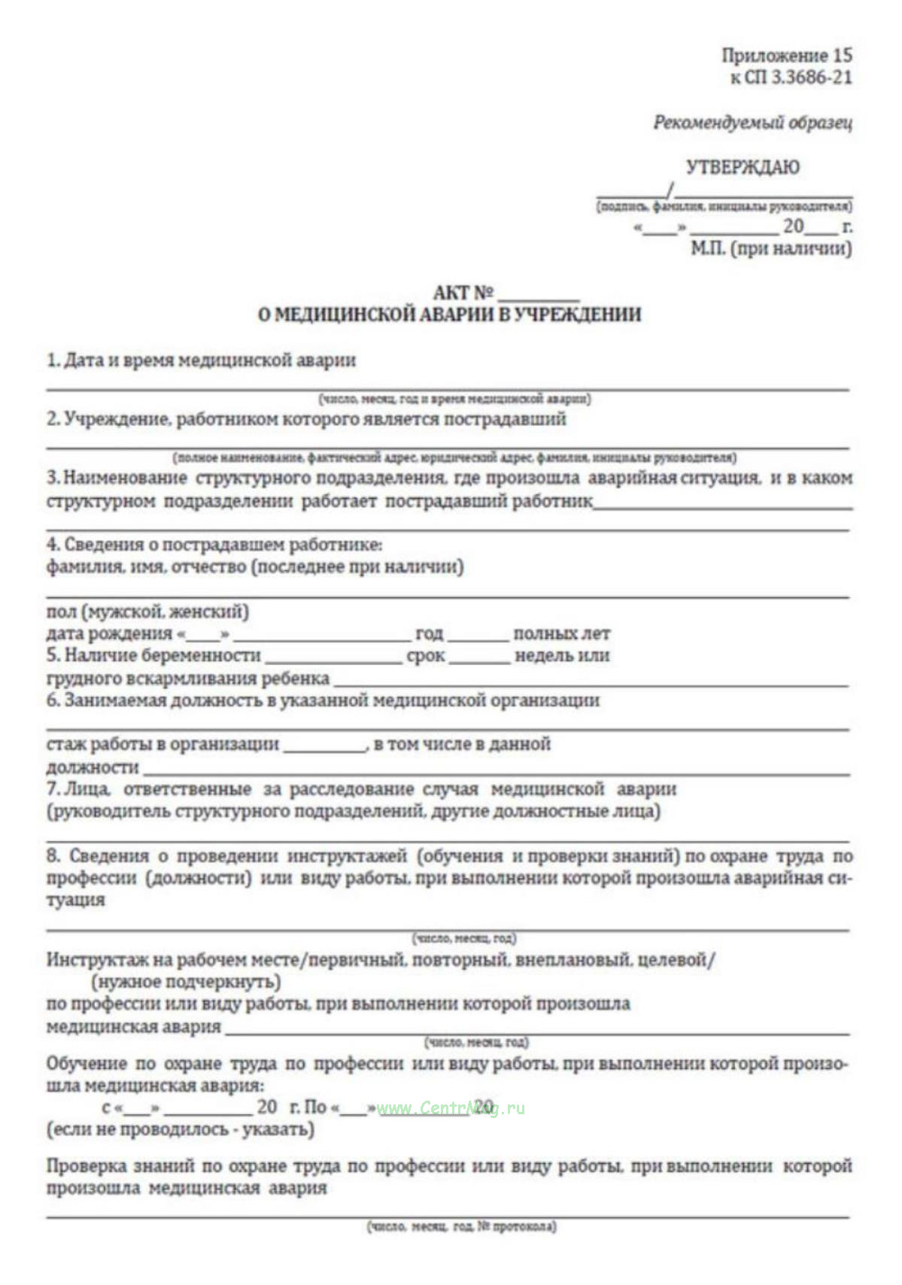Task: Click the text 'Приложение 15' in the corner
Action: click(x=787, y=55)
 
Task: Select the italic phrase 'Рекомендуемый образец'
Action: click(x=752, y=122)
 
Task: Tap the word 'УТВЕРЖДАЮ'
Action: click(x=742, y=166)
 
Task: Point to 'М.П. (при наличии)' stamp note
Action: click(x=771, y=248)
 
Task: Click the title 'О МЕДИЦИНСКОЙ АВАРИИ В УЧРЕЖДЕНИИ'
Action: click(x=449, y=314)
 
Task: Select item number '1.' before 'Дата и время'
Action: click(x=53, y=360)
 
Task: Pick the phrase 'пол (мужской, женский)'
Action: click(x=147, y=611)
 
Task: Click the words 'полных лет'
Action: click(x=561, y=633)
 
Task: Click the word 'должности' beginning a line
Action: click(x=93, y=768)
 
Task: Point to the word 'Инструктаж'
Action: click(x=93, y=960)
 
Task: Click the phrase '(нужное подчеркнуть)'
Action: click(x=186, y=982)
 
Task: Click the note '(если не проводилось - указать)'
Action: click(x=181, y=1129)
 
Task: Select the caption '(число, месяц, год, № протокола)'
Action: click(x=461, y=1227)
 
